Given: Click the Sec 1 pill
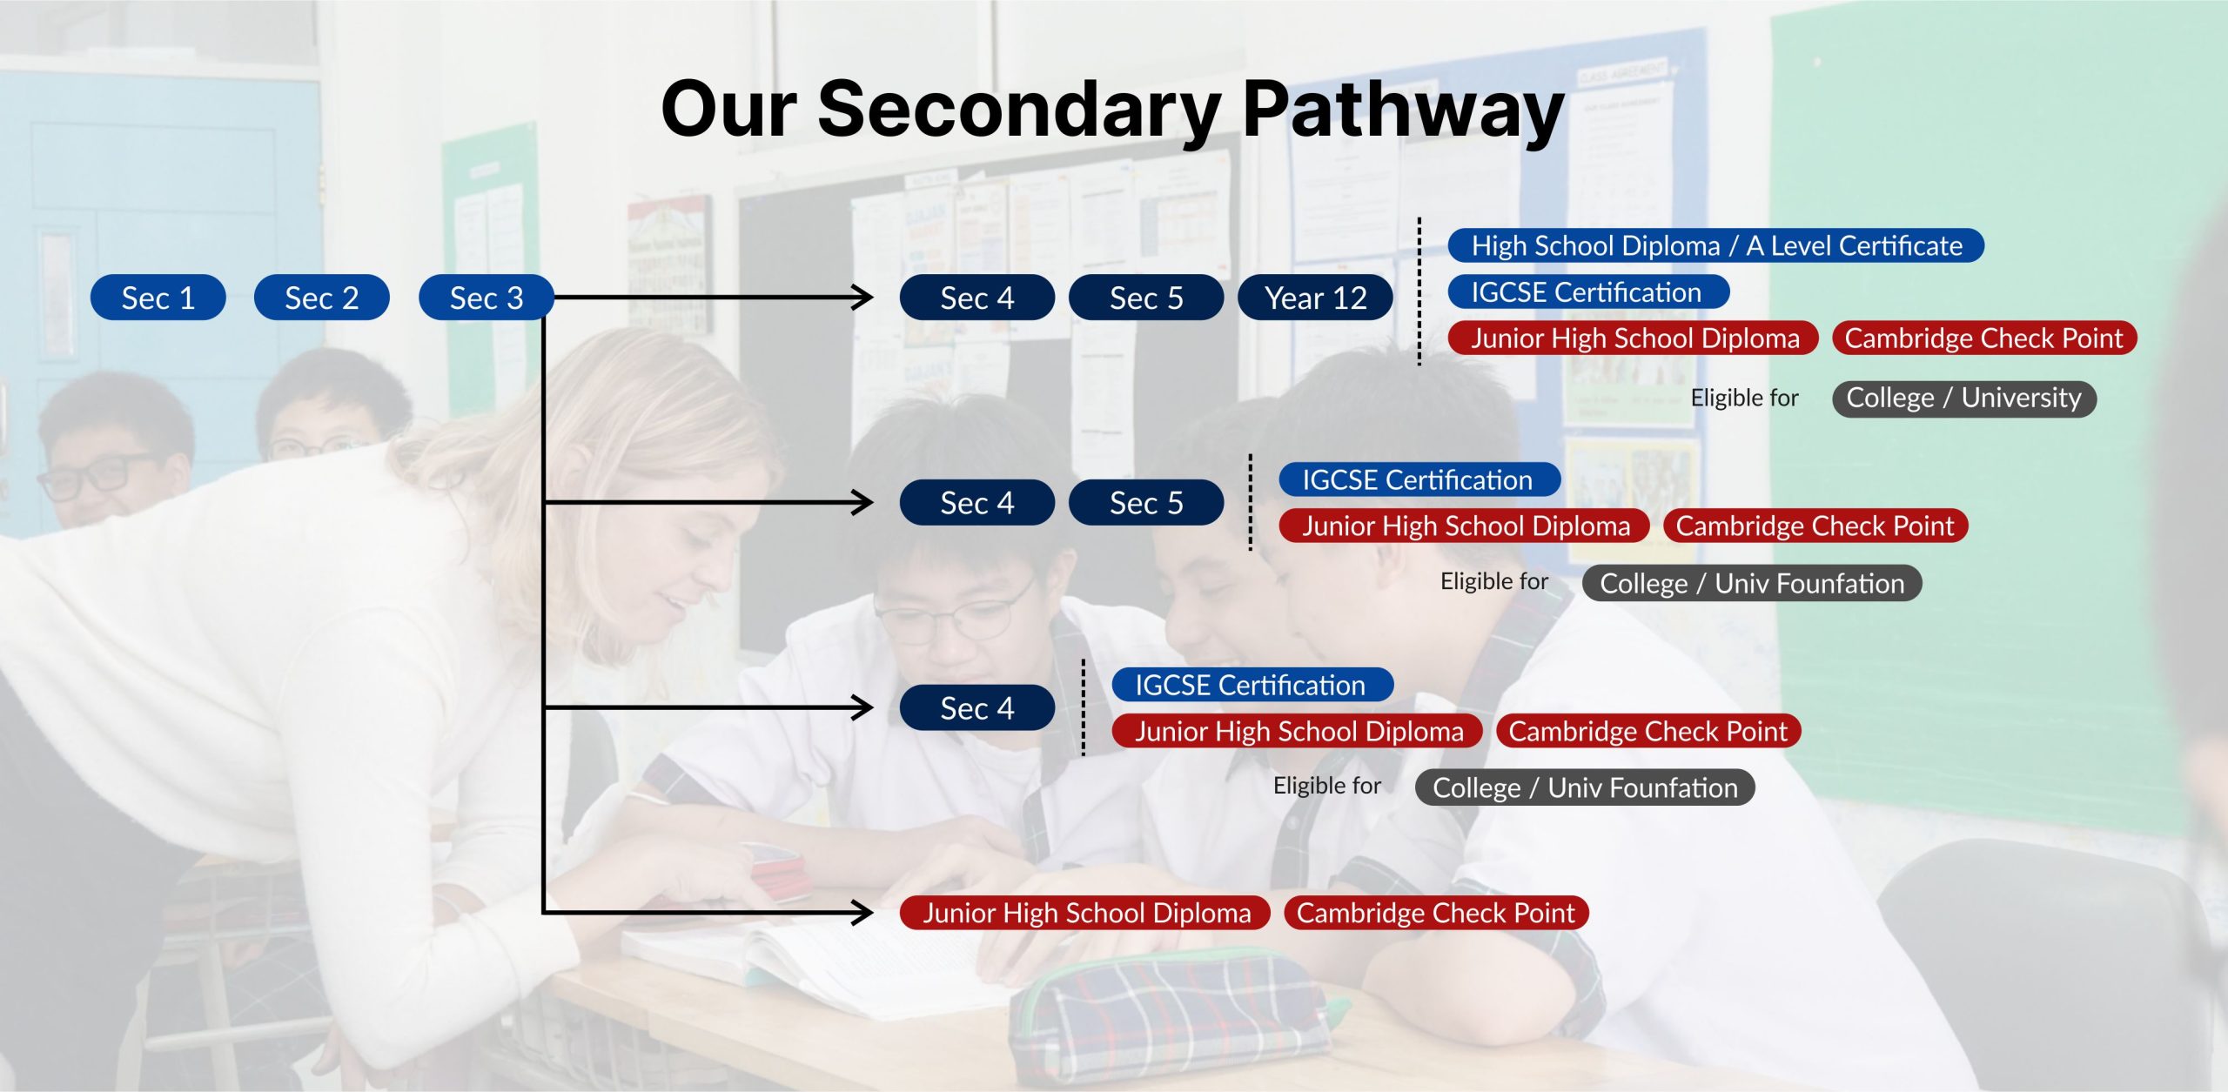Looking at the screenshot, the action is [158, 298].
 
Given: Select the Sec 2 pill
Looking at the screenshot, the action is [321, 298].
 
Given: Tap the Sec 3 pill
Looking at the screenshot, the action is [487, 298].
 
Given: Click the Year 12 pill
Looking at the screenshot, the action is [1315, 298].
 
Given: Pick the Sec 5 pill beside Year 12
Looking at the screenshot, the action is [1146, 298].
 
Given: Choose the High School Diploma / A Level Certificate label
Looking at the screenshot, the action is [1716, 245].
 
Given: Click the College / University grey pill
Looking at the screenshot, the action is [1964, 399].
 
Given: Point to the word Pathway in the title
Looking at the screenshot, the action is [1403, 110].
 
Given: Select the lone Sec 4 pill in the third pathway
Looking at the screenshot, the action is [976, 707].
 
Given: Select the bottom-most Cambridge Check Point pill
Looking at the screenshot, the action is [1436, 913].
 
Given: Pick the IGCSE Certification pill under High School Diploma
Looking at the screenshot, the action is [1587, 291].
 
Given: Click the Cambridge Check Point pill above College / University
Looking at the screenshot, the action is [1984, 338].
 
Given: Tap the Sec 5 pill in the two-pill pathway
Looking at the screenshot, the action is [1146, 502].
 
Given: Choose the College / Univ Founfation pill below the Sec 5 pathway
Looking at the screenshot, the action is [1752, 583].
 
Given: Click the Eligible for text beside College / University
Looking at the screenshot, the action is [1744, 399].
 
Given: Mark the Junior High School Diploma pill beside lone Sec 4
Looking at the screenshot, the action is [1299, 731].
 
